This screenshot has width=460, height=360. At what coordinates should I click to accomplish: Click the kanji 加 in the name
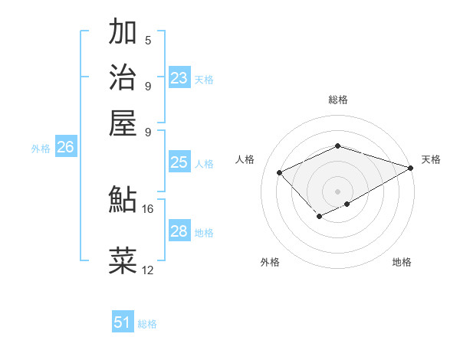123,32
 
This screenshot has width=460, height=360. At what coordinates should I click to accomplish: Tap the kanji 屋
123,122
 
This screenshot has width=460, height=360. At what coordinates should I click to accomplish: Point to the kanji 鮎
123,200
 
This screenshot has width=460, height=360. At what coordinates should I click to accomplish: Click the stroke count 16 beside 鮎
148,208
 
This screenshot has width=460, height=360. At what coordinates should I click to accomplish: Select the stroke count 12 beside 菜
148,270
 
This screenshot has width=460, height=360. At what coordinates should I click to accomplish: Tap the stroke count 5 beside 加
148,41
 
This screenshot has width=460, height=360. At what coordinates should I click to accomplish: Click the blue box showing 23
179,78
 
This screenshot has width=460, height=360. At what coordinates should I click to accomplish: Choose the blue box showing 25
179,162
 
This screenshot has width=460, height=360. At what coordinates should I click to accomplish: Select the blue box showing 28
179,231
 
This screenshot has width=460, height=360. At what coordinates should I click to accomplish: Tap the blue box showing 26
65,148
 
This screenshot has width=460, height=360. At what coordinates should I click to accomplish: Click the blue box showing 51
123,323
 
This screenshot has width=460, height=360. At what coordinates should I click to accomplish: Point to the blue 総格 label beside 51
147,324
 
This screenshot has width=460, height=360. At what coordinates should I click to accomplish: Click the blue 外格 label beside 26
41,149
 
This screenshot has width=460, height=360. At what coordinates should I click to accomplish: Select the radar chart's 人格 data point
280,173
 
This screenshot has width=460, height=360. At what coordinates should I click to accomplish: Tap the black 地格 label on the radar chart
402,262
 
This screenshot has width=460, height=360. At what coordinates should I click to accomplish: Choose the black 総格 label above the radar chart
338,100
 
